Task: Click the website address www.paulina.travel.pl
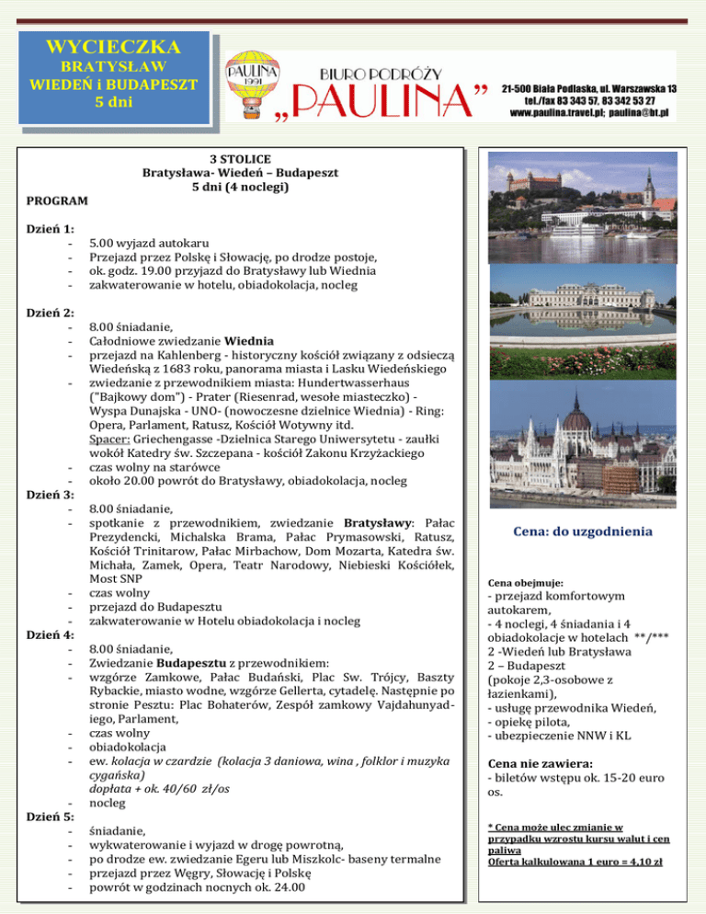(539, 114)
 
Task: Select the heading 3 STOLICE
(239, 159)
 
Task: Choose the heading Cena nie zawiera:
(540, 763)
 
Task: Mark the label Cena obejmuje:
(527, 583)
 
